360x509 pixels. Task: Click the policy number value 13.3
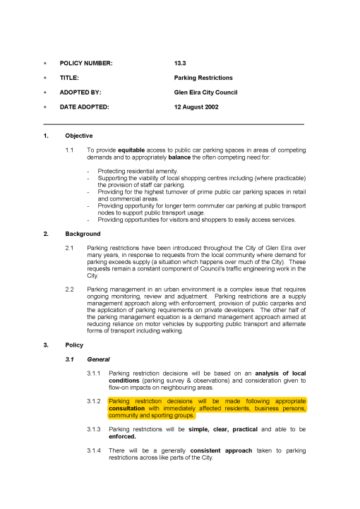(180, 64)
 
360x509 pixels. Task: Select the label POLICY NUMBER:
(85, 64)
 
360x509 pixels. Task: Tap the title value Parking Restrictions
(203, 78)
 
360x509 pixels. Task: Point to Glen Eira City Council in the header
(205, 92)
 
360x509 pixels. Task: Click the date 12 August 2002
(196, 107)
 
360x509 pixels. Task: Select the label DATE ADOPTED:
(84, 107)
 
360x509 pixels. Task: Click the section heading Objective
(78, 136)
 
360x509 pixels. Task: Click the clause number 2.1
(69, 248)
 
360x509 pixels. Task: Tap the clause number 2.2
(69, 289)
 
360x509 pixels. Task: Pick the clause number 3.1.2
(95, 400)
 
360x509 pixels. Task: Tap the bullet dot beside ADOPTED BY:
(46, 92)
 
